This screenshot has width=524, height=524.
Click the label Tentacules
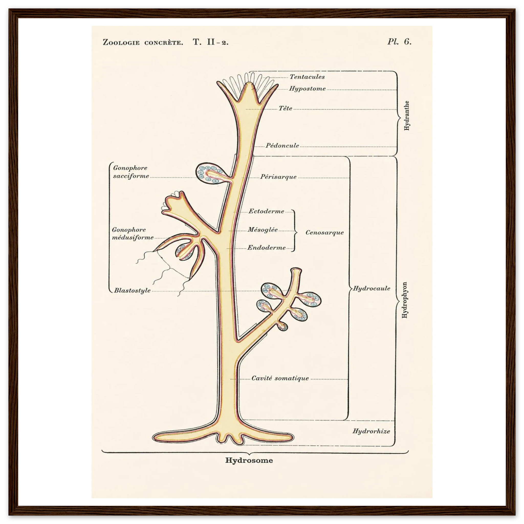click(x=307, y=77)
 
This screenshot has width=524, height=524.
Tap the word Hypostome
click(x=307, y=89)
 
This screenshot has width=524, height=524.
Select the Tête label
click(x=286, y=108)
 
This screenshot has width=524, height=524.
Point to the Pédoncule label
click(x=282, y=145)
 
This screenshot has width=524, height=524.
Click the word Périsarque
click(x=278, y=177)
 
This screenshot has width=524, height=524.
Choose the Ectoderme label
click(x=266, y=211)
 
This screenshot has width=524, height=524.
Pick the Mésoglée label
click(x=263, y=230)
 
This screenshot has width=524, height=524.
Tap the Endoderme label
click(x=266, y=248)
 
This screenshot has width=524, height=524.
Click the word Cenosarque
click(x=325, y=232)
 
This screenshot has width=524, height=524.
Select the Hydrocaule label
click(x=372, y=288)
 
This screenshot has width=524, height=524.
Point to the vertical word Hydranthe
click(x=406, y=116)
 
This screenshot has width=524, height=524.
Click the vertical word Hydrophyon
click(x=405, y=300)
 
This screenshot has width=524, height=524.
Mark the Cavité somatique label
click(x=280, y=378)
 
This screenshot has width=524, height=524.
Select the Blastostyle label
click(x=132, y=290)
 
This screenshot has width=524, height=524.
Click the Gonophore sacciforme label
click(x=131, y=172)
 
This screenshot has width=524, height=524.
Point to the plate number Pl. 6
click(x=399, y=41)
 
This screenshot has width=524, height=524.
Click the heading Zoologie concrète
click(x=143, y=42)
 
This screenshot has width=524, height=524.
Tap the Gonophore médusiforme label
click(x=133, y=234)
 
